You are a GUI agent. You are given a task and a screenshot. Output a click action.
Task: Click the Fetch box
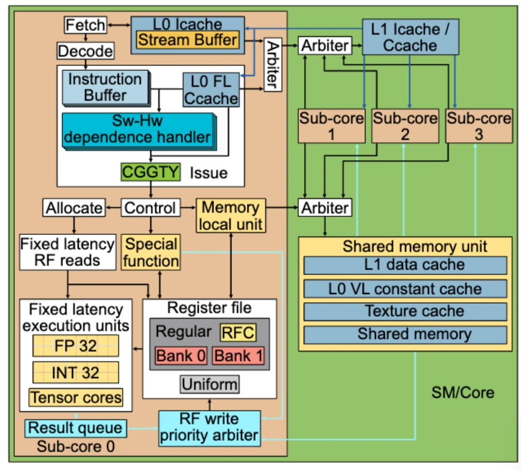(85, 25)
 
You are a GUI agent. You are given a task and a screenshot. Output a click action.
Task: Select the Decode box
(85, 51)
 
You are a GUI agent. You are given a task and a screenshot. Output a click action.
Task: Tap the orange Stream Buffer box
(187, 40)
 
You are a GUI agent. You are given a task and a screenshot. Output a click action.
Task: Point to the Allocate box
(74, 208)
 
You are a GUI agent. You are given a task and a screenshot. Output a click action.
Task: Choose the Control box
(150, 208)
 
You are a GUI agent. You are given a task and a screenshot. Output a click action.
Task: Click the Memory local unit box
(231, 216)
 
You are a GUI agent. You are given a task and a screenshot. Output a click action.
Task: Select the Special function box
(151, 252)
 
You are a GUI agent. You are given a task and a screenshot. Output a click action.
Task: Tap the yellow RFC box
(238, 332)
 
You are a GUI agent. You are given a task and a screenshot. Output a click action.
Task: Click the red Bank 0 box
(181, 356)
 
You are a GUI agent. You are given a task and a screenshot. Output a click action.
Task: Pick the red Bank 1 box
(238, 356)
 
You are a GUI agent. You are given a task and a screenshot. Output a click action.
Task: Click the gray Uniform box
(210, 385)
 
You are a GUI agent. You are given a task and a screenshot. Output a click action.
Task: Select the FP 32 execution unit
(75, 346)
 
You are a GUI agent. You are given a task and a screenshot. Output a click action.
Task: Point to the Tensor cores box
(75, 397)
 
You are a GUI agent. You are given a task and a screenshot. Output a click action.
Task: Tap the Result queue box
(75, 428)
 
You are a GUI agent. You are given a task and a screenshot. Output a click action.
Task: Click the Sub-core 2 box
(405, 126)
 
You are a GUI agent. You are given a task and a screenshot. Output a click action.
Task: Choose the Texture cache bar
(405, 311)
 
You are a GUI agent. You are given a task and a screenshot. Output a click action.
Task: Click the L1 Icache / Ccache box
(410, 37)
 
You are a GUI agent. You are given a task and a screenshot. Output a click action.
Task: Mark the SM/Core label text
(462, 392)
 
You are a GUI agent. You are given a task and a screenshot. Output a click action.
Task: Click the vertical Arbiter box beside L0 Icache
(273, 65)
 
